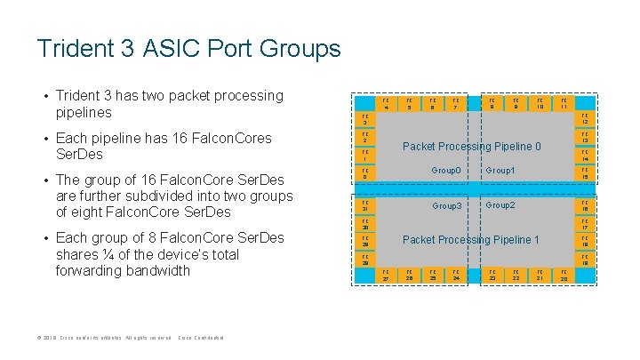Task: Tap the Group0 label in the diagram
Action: click(x=446, y=170)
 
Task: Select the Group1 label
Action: click(x=500, y=170)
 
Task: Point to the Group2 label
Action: click(x=500, y=205)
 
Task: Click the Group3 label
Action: click(x=446, y=206)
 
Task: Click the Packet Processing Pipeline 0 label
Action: click(x=472, y=146)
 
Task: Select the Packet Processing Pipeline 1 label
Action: click(x=471, y=240)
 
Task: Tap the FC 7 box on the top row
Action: click(x=455, y=105)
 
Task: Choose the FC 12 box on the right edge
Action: click(x=585, y=119)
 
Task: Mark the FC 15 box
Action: click(x=585, y=173)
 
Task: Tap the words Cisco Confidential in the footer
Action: click(x=202, y=338)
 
